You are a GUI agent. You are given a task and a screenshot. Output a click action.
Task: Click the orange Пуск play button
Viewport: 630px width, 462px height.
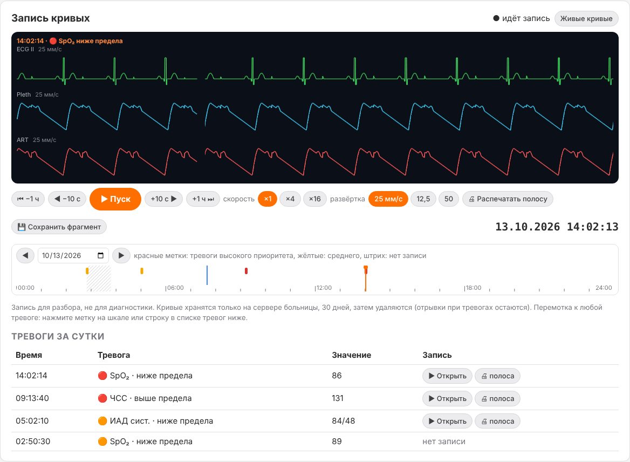pyautogui.click(x=115, y=199)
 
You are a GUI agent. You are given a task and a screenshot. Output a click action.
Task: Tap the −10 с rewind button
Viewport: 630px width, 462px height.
pyautogui.click(x=67, y=199)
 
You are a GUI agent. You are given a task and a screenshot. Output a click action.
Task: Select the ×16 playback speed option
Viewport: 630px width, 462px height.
pyautogui.click(x=314, y=199)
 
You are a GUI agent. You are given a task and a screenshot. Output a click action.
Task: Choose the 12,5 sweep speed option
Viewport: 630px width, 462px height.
pyautogui.click(x=423, y=199)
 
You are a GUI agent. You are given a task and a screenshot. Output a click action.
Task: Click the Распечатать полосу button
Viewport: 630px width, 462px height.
pyautogui.click(x=508, y=199)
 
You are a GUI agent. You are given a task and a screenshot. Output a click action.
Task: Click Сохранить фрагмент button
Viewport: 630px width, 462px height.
pyautogui.click(x=59, y=227)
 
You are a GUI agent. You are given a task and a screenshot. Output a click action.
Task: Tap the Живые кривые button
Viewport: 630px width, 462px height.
pyautogui.click(x=586, y=18)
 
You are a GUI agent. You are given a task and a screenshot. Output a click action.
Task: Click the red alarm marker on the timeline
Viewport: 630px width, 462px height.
pyautogui.click(x=246, y=271)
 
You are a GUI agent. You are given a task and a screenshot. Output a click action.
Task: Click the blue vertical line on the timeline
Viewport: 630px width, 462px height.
pyautogui.click(x=207, y=275)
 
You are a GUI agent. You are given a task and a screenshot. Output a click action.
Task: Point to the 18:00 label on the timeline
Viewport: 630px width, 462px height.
pyautogui.click(x=474, y=288)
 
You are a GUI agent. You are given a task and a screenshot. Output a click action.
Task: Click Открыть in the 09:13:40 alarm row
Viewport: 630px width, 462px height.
pyautogui.click(x=447, y=398)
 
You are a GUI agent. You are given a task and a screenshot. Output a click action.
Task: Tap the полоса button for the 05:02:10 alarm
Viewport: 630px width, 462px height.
pyautogui.click(x=497, y=421)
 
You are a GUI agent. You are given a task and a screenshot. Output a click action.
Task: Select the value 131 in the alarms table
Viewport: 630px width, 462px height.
pyautogui.click(x=338, y=398)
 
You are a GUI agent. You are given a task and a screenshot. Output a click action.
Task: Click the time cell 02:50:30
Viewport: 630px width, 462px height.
pyautogui.click(x=33, y=441)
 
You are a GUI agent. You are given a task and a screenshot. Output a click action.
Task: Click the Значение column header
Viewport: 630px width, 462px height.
pyautogui.click(x=351, y=355)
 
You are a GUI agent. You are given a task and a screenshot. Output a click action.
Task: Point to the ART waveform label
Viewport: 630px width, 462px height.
pyautogui.click(x=23, y=140)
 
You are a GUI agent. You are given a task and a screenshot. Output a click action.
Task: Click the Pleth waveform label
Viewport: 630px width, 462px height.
pyautogui.click(x=24, y=94)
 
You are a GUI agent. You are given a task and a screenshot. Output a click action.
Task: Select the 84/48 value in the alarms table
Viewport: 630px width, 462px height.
pyautogui.click(x=344, y=421)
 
